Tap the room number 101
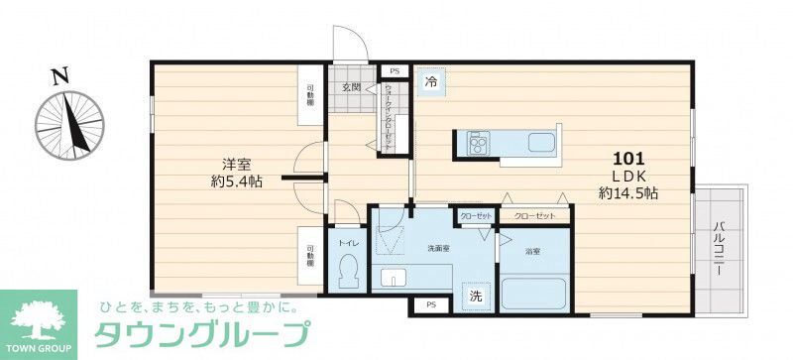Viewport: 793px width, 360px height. (x=630, y=158)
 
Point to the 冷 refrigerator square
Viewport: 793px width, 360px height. (x=431, y=82)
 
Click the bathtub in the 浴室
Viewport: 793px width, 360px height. (x=533, y=295)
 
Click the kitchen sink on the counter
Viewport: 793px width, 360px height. (x=544, y=141)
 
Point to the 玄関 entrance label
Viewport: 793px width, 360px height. (x=351, y=88)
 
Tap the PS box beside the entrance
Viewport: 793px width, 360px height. (x=394, y=71)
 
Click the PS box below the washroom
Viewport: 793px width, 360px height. (x=429, y=306)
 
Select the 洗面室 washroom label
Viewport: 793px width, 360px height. (x=440, y=248)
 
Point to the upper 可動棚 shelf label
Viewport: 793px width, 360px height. (x=310, y=96)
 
